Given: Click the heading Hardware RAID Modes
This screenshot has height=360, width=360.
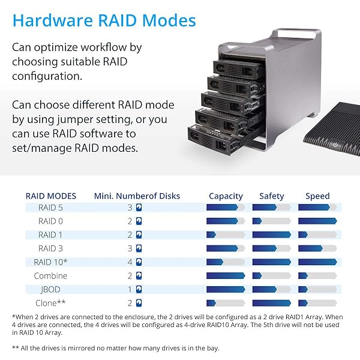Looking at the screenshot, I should [104, 21].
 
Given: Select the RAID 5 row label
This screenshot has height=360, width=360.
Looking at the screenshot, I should [51, 208].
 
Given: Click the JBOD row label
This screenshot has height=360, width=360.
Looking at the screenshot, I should [51, 289].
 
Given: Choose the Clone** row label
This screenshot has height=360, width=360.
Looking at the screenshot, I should [52, 303].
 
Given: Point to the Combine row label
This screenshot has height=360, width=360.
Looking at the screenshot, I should [51, 276].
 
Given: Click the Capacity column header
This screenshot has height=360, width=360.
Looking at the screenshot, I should [226, 196].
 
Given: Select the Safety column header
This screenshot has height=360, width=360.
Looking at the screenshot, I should [272, 196].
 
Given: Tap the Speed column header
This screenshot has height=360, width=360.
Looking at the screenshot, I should [317, 196].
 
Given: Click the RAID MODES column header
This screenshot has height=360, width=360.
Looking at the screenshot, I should [51, 196].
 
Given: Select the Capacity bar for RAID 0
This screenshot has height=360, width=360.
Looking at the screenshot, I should [226, 221].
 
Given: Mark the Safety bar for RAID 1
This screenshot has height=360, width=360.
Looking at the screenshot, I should [272, 235].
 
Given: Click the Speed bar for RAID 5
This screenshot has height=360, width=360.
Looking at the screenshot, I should [317, 208].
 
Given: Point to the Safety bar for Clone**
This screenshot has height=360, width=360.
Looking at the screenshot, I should [272, 303].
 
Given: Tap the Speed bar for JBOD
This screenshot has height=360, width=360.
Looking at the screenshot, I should [317, 289].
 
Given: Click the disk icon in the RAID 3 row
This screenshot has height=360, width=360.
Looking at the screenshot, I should [139, 248].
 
